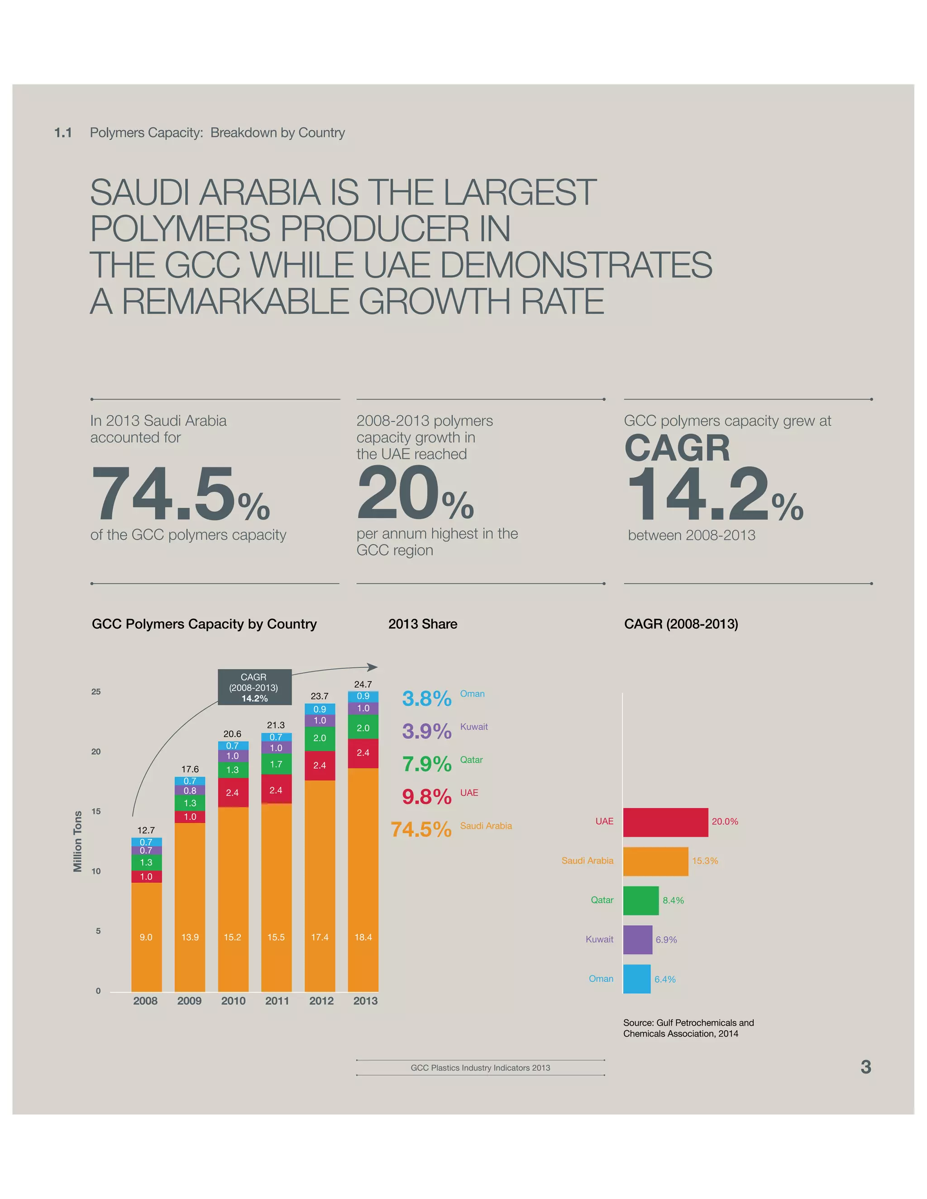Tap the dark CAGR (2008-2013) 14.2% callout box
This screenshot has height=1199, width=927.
point(254,687)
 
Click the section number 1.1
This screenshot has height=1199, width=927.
point(63,133)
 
